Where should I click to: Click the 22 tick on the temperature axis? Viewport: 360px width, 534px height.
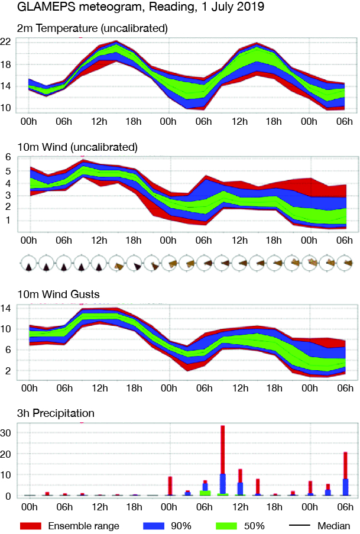(x=7, y=41)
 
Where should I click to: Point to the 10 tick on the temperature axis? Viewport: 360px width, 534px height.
(x=7, y=108)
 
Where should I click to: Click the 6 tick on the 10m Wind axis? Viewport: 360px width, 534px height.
(x=9, y=157)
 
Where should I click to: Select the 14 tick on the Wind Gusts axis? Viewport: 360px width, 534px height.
(x=7, y=308)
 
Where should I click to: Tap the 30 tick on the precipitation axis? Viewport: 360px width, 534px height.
(x=7, y=433)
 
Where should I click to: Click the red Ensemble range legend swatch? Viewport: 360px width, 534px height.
(x=31, y=525)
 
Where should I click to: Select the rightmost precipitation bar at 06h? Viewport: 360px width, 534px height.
(x=345, y=473)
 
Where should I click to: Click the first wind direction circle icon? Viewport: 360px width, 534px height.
(x=27, y=263)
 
